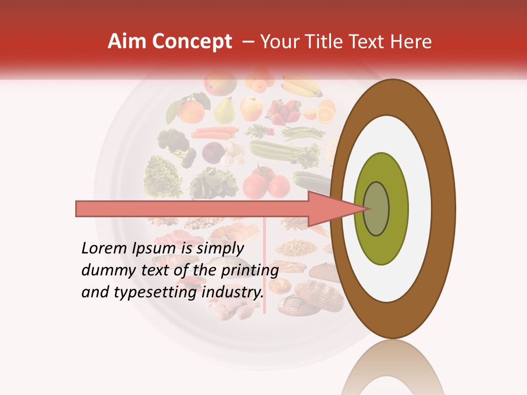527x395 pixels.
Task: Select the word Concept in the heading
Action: [192, 42]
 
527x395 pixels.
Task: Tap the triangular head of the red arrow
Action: [335, 208]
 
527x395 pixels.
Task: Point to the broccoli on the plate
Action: [174, 145]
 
